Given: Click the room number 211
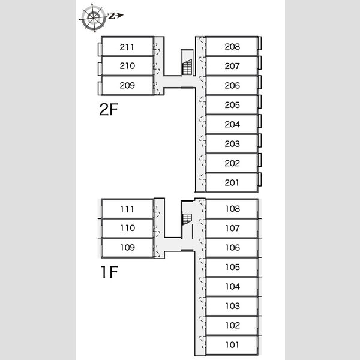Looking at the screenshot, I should pyautogui.click(x=127, y=47).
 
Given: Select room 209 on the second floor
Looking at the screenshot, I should pyautogui.click(x=127, y=85).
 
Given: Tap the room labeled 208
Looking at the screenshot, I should pyautogui.click(x=232, y=47).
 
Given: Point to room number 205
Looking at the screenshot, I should pyautogui.click(x=232, y=105).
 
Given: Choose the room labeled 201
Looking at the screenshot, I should pyautogui.click(x=232, y=182).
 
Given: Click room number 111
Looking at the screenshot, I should pyautogui.click(x=127, y=209).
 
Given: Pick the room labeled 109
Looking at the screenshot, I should pyautogui.click(x=127, y=247).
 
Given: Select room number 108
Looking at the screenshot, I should pyautogui.click(x=232, y=209).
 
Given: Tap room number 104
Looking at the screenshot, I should pyautogui.click(x=232, y=286).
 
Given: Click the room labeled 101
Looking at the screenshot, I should pyautogui.click(x=232, y=344).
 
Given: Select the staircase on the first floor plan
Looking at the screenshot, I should pyautogui.click(x=188, y=225).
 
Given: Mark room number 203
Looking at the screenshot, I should pyautogui.click(x=232, y=144).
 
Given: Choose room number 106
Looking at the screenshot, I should pyautogui.click(x=232, y=247).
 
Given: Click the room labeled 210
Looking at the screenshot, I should pyautogui.click(x=127, y=66).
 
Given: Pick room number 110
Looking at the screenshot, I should pyautogui.click(x=127, y=228).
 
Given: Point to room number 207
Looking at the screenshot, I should pyautogui.click(x=232, y=66).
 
